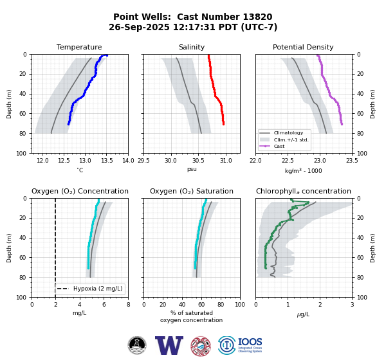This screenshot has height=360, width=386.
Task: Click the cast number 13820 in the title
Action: coord(257,17)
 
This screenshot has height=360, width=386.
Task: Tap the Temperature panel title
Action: coord(79,47)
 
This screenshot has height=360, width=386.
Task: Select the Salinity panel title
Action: coord(192,47)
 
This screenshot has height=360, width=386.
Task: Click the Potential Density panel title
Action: coord(303,47)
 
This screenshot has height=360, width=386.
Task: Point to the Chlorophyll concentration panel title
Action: coord(304,191)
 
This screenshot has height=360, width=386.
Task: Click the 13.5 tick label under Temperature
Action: coord(107,161)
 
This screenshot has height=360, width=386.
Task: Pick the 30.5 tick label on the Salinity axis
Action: coord(198,161)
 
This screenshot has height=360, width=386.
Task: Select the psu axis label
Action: coord(192,169)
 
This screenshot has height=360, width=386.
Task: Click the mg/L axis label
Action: coord(80,313)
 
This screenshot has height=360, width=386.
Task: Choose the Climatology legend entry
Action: coord(288,133)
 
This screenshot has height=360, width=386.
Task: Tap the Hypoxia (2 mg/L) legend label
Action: coord(98,289)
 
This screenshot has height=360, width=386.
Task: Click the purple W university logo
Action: coord(169,345)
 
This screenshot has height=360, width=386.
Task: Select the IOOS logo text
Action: coord(250,342)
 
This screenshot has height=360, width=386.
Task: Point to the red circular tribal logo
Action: coord(201,346)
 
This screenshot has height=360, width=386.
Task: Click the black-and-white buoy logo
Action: coord(137,345)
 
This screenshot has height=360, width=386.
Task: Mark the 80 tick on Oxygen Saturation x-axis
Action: coord(221,305)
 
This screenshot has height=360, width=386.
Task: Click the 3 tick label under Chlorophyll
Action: coord(353,305)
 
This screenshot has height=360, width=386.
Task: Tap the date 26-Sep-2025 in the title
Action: coord(140,27)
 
